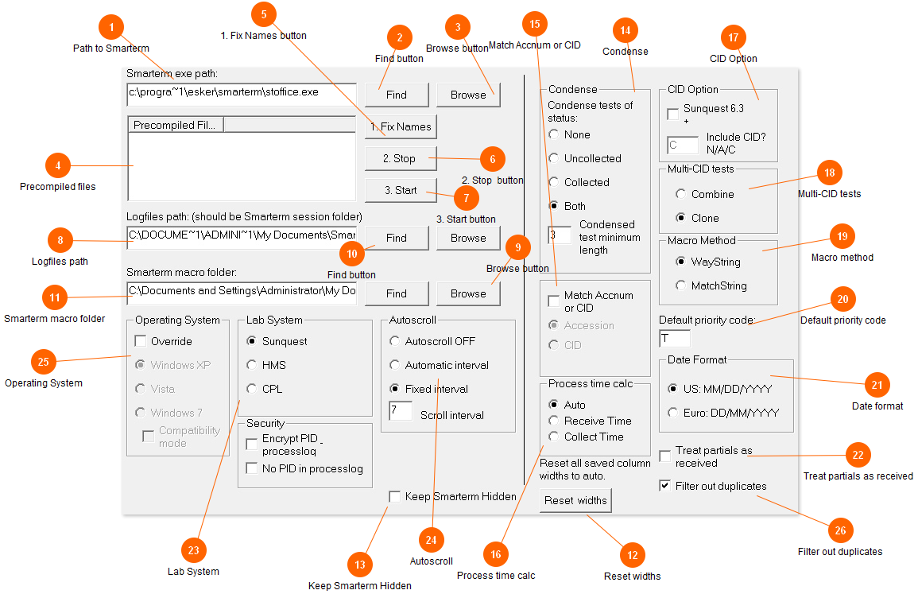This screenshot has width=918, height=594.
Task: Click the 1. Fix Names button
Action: tap(401, 126)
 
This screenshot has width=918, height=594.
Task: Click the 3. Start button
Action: tap(401, 190)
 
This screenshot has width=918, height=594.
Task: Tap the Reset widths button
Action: tap(575, 500)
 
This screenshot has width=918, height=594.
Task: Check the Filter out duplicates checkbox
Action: tap(665, 486)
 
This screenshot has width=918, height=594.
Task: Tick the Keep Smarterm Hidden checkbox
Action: tap(394, 497)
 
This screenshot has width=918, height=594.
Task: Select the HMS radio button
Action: tap(252, 365)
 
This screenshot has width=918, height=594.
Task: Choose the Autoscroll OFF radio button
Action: tap(394, 341)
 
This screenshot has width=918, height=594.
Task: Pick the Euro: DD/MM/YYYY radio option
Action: tap(672, 413)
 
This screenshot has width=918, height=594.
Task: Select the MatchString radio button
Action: tap(680, 285)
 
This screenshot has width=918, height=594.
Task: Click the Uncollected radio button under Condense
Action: tap(553, 158)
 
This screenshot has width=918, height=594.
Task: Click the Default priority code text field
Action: tap(675, 339)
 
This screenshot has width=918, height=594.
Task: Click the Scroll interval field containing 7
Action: tap(401, 410)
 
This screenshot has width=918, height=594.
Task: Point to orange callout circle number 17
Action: tap(734, 37)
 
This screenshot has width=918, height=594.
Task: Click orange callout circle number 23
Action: tap(194, 550)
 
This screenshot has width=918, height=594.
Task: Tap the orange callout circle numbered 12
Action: tap(633, 555)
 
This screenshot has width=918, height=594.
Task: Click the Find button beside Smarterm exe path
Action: tap(397, 95)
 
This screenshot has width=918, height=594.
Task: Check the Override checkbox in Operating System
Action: tap(141, 341)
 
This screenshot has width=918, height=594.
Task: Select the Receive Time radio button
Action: tap(553, 421)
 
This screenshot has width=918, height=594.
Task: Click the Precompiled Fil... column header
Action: tap(175, 125)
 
